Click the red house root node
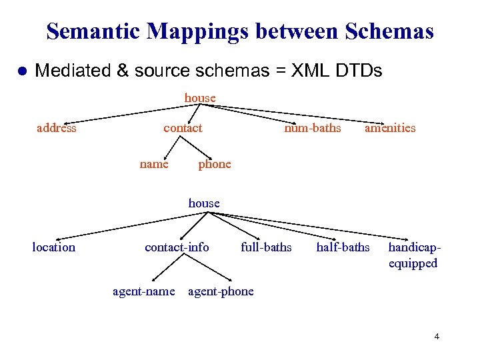200,98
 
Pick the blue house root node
204,203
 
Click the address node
56,128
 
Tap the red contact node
183,128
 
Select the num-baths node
312,128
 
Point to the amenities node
389,128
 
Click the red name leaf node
154,164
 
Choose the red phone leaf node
214,164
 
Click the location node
53,247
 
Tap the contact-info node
177,247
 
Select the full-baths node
266,247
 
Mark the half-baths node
343,247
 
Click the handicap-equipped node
414,255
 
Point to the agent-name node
144,291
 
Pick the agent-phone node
221,291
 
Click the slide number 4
437,337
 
